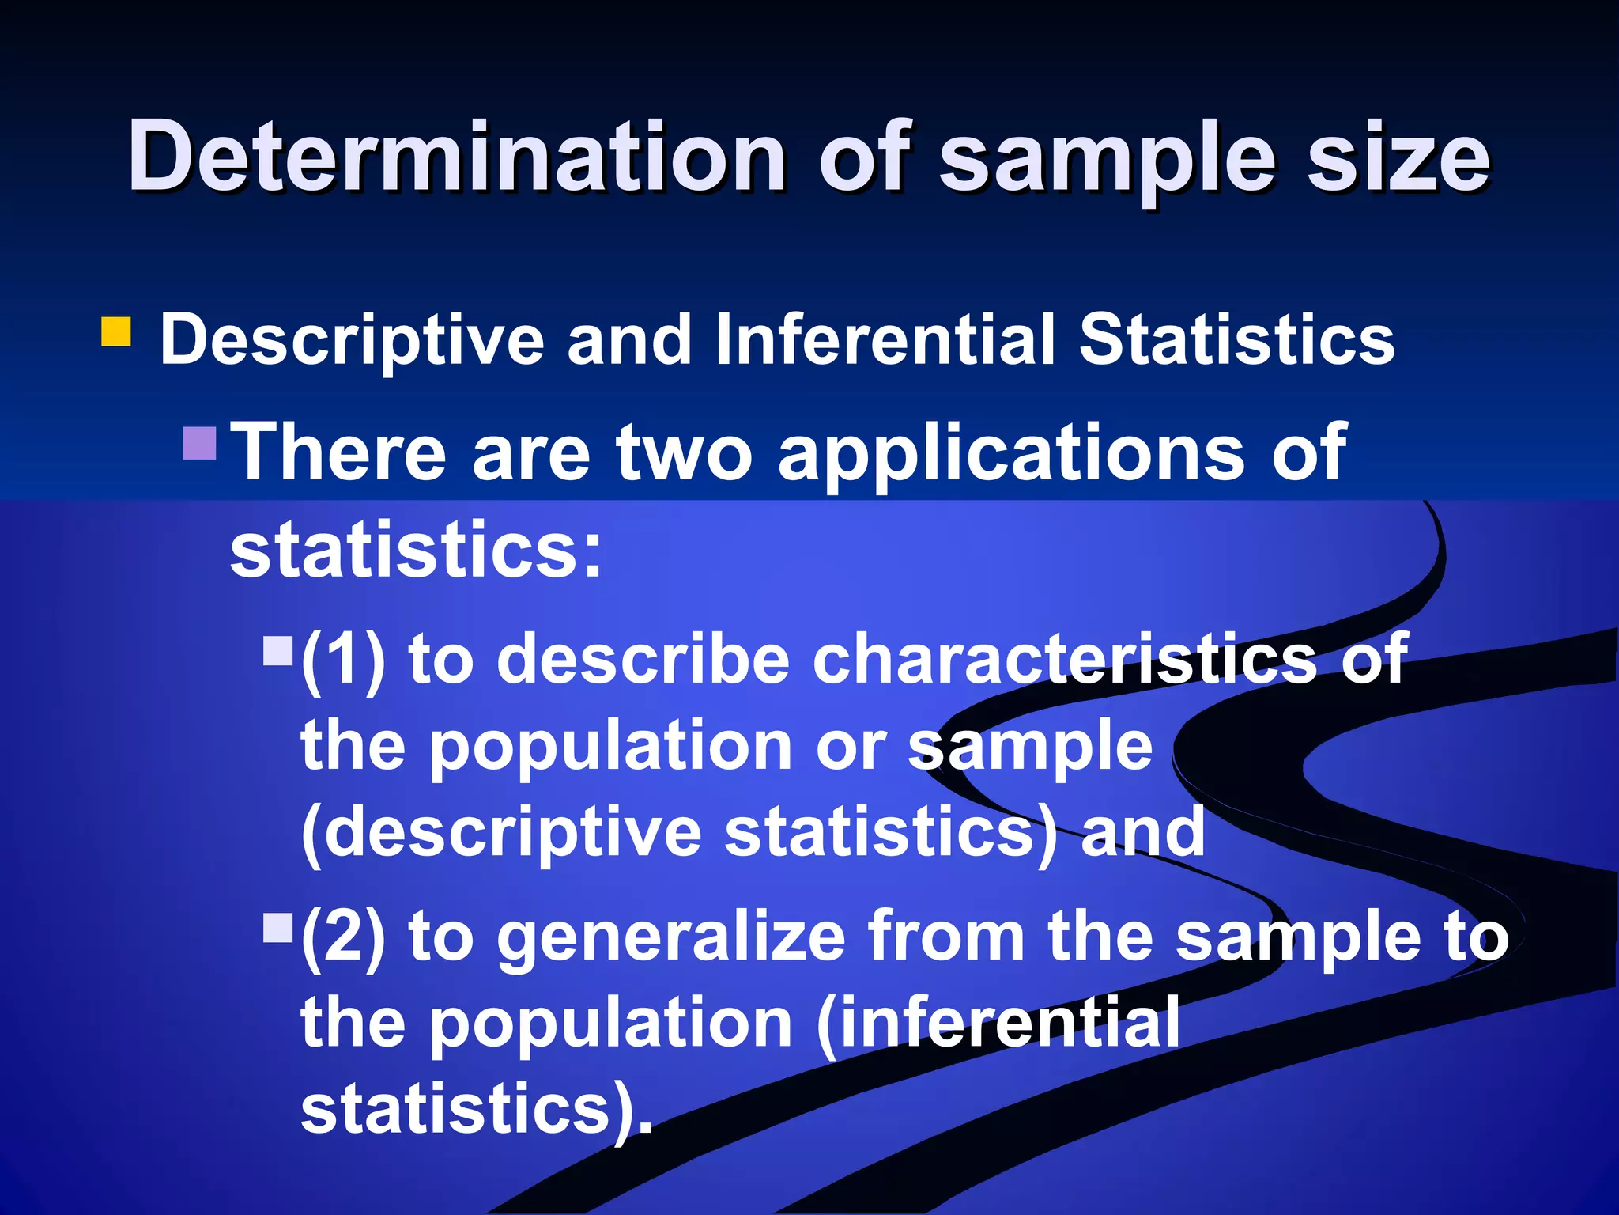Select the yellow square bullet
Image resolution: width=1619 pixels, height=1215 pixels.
coord(116,332)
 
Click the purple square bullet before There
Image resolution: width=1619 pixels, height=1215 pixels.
coord(199,444)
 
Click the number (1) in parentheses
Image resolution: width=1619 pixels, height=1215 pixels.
coord(343,659)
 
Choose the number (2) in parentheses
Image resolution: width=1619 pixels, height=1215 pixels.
coord(343,936)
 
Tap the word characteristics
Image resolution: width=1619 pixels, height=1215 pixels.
coord(1064,659)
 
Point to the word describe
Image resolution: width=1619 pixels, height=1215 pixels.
coord(643,659)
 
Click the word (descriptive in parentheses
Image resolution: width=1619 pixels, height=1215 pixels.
coord(501,833)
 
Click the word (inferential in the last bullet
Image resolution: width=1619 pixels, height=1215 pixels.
coord(998,1023)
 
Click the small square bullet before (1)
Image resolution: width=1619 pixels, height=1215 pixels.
coord(277,651)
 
